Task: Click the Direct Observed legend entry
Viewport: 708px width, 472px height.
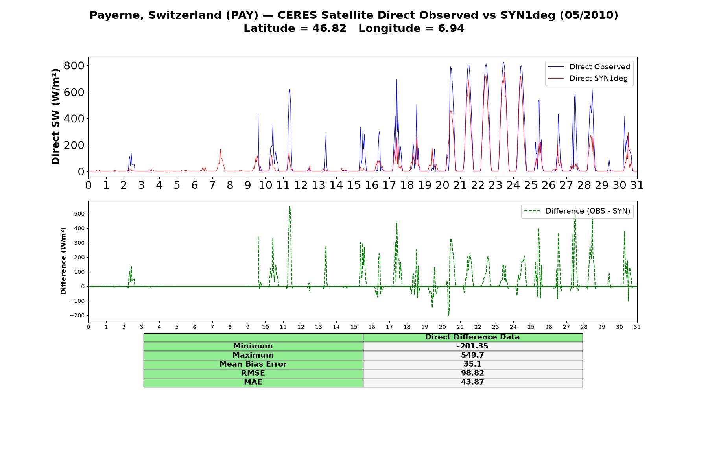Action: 589,67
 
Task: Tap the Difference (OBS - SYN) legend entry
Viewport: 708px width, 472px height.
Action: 577,211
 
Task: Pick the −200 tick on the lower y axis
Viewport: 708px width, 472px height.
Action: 77,315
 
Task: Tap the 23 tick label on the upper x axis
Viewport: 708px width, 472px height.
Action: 495,185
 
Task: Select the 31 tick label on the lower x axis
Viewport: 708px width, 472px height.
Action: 637,327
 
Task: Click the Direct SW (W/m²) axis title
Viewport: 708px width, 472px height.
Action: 55,116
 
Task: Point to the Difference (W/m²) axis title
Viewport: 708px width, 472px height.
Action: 63,261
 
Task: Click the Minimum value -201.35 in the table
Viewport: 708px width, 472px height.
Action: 472,346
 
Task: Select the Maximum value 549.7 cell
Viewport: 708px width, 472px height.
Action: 472,355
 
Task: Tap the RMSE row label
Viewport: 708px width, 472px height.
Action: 253,373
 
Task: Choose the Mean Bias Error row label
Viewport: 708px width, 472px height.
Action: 253,364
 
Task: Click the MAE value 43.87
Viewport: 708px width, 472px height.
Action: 472,382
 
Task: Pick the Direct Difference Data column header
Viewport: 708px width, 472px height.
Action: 472,337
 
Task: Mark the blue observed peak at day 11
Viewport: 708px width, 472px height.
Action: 290,89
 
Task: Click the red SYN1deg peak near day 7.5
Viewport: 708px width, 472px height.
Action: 221,149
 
